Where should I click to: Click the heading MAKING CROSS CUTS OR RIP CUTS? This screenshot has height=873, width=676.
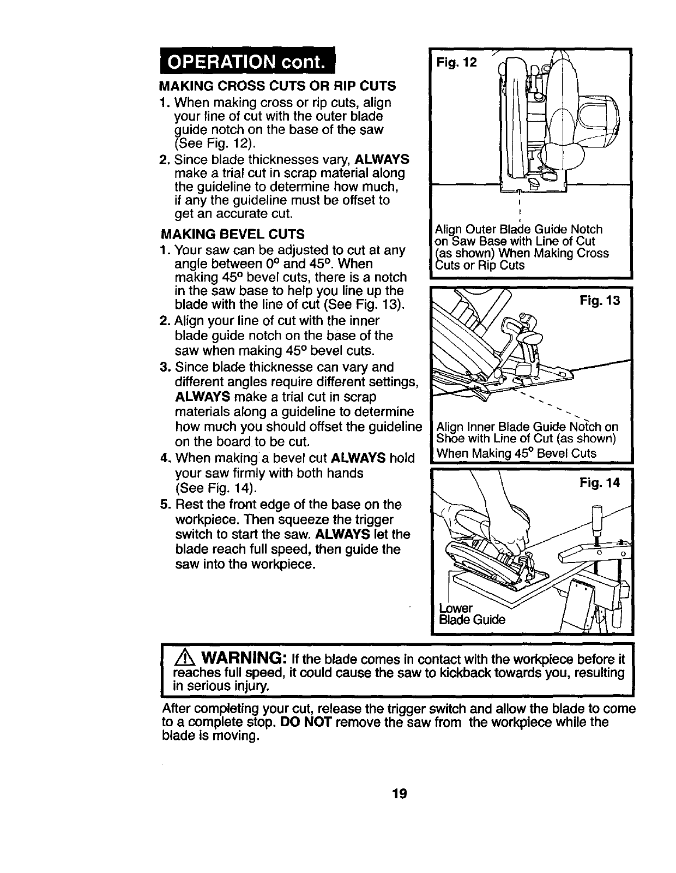click(x=277, y=87)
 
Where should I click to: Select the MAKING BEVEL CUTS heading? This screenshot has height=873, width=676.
click(x=233, y=235)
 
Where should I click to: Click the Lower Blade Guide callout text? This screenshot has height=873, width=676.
click(x=472, y=614)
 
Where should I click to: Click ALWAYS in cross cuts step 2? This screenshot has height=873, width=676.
click(x=382, y=159)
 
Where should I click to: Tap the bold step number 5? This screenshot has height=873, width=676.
click(x=165, y=504)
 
